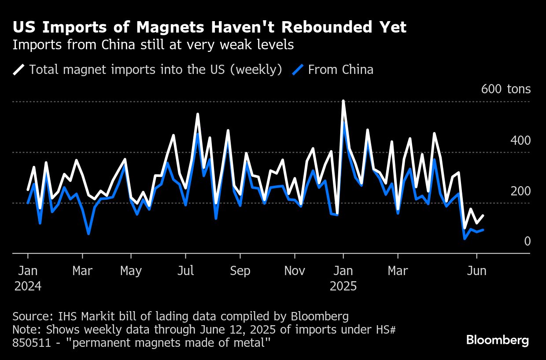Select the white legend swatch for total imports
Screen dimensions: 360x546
coord(19,70)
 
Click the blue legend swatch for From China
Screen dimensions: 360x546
coord(298,70)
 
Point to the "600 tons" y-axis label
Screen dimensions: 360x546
coord(506,89)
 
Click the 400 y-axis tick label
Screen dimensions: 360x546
coord(520,141)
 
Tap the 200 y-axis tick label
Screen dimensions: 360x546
coord(520,191)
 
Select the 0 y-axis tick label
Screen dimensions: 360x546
coord(527,241)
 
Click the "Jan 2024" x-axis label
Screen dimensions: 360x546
coord(28,278)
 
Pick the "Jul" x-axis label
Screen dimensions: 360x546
coord(185,270)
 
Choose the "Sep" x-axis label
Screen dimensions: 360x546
coord(240,270)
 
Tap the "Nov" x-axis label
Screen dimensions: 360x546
coord(295,270)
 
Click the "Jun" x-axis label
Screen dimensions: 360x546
coord(476,270)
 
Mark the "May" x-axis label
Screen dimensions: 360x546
coord(131,270)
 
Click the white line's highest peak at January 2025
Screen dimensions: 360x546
coord(343,101)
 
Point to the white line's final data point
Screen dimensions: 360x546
coord(483,215)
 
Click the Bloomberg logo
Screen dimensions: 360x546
coord(498,340)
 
